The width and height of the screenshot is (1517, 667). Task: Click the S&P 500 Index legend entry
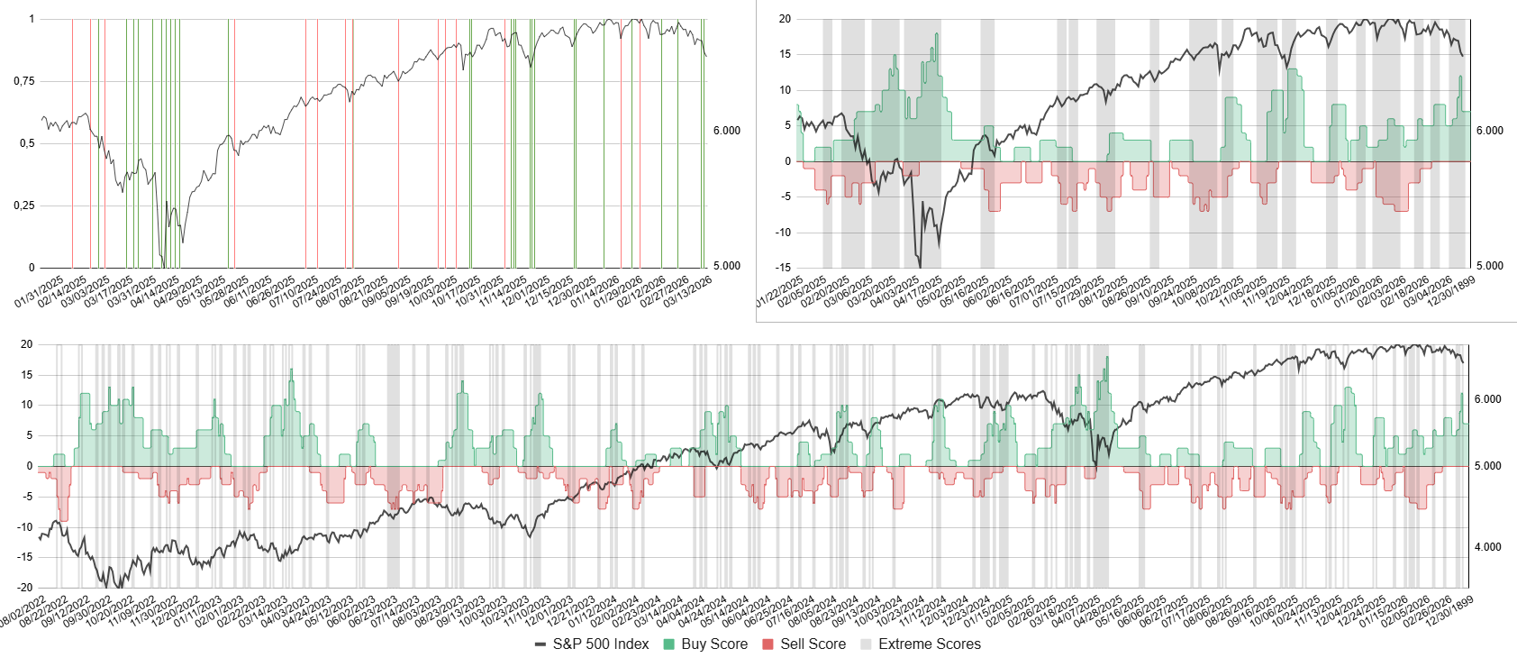[592, 644]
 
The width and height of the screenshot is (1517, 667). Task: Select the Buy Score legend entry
[705, 644]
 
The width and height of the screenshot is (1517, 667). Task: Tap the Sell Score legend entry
[804, 644]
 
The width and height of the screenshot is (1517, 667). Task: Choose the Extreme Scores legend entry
[920, 644]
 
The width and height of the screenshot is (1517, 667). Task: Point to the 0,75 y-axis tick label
[23, 81]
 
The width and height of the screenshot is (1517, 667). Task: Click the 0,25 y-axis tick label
[23, 206]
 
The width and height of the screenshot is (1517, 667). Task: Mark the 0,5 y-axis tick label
[26, 143]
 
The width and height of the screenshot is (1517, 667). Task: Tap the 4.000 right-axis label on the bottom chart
[1487, 547]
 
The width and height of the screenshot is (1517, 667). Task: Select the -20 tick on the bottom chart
[26, 588]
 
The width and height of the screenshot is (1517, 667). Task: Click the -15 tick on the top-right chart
[785, 268]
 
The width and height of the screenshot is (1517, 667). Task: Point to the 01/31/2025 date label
[39, 292]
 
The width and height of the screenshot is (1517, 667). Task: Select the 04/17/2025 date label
[917, 292]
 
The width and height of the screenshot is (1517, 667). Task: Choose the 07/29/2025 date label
[1079, 292]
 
